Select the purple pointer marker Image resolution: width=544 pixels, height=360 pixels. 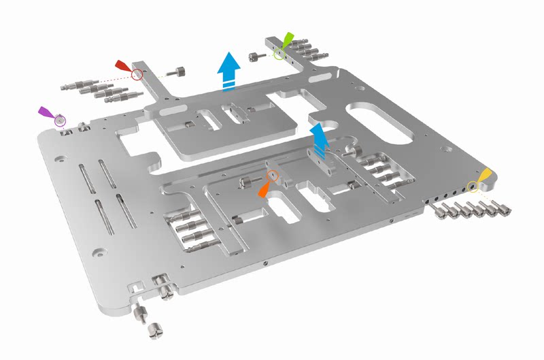(x=46, y=112)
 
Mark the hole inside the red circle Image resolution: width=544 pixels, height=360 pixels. (x=137, y=73)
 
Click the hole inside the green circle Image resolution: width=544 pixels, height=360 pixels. (x=278, y=52)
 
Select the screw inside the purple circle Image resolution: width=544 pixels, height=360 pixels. (x=61, y=120)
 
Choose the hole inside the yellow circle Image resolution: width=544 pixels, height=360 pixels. (x=473, y=186)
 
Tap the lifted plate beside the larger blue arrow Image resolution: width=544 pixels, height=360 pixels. (x=224, y=126)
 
